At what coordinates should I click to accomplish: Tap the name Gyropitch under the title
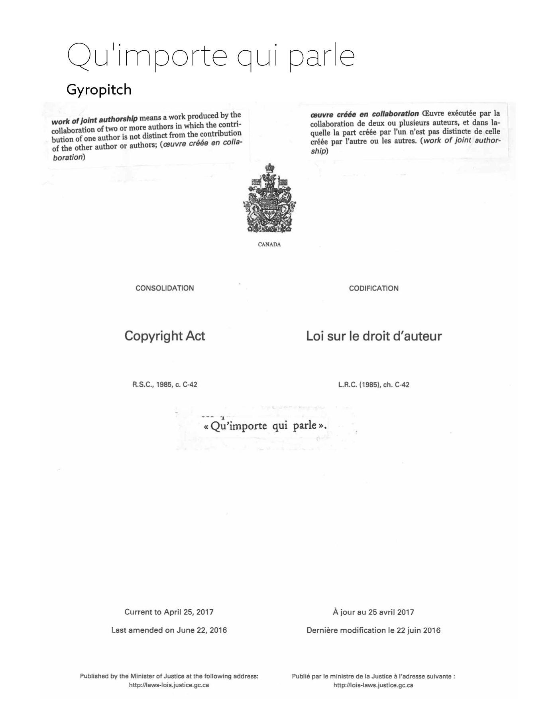tap(99, 90)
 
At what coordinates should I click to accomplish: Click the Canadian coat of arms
tap(269, 198)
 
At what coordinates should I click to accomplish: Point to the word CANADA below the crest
tap(269, 245)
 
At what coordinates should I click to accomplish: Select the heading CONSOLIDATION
tap(165, 288)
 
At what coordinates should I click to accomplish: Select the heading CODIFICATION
tap(373, 288)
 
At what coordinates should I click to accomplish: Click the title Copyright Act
tap(165, 336)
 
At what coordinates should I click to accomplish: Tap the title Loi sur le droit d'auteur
tap(374, 336)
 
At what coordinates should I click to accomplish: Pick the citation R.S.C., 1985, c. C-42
tap(165, 385)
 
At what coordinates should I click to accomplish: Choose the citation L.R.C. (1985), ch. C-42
tap(373, 385)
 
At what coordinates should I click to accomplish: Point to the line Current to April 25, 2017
tap(169, 612)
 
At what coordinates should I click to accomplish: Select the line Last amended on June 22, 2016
tap(169, 630)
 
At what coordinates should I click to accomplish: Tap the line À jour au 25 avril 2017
tap(373, 612)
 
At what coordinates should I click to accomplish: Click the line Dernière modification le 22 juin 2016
tap(373, 630)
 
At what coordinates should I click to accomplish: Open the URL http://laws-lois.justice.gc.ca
tap(169, 685)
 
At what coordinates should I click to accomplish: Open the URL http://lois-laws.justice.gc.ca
tap(373, 685)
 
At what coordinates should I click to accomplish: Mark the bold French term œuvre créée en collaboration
tap(364, 114)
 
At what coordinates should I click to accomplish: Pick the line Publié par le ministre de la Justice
tap(373, 676)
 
